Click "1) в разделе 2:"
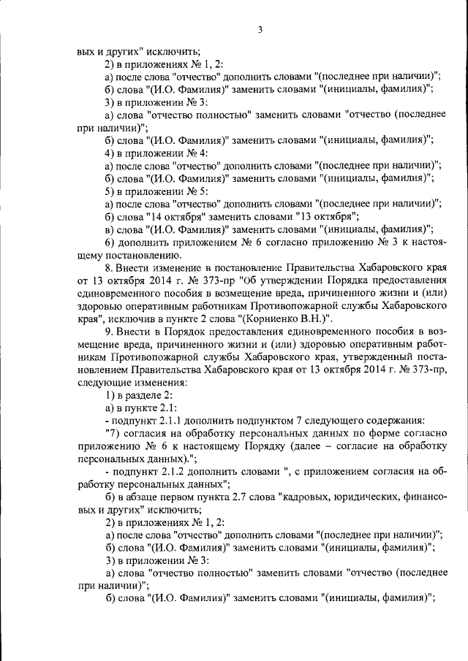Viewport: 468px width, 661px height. pos(140,394)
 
